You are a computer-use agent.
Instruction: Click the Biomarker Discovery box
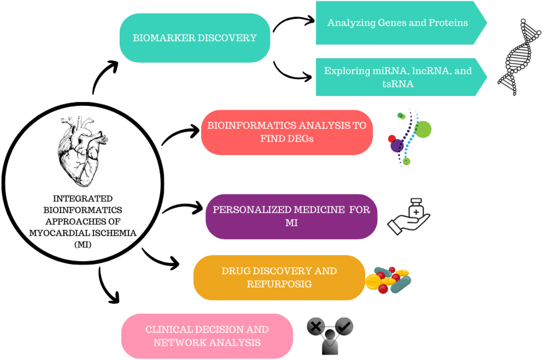(195, 38)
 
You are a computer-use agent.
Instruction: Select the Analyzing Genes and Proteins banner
(397, 23)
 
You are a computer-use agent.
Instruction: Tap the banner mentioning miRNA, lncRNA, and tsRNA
(397, 77)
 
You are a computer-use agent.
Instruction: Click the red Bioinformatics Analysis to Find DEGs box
(287, 132)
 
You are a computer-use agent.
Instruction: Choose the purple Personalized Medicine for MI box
(291, 216)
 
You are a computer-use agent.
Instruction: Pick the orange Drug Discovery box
(279, 278)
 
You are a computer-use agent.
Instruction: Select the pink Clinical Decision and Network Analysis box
(207, 336)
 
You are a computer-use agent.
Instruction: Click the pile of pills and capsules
(389, 280)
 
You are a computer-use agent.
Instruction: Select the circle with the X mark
(316, 326)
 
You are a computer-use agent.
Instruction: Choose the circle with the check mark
(344, 326)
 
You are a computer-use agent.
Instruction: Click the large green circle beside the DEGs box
(423, 129)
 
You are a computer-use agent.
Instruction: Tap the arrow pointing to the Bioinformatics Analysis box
(181, 134)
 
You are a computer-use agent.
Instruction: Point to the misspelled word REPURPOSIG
(279, 284)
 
